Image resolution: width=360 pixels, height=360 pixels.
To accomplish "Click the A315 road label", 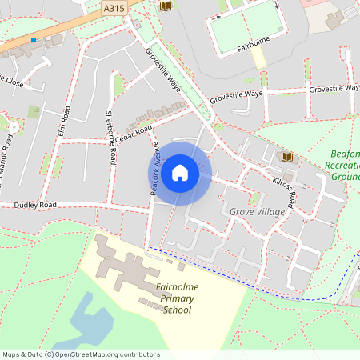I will [x=114, y=7].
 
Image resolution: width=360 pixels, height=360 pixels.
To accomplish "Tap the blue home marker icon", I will [x=180, y=173].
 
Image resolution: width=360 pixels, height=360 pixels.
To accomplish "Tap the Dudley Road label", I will [x=36, y=205].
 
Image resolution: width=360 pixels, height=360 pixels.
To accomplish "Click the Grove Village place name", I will [x=256, y=211].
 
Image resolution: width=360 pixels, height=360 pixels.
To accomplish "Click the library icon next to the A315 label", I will [x=166, y=6].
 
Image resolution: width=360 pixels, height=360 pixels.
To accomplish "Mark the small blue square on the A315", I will [x=34, y=40].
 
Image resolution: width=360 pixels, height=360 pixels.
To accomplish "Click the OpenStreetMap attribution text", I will [x=81, y=354].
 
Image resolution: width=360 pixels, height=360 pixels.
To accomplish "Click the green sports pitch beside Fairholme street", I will [x=241, y=24].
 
